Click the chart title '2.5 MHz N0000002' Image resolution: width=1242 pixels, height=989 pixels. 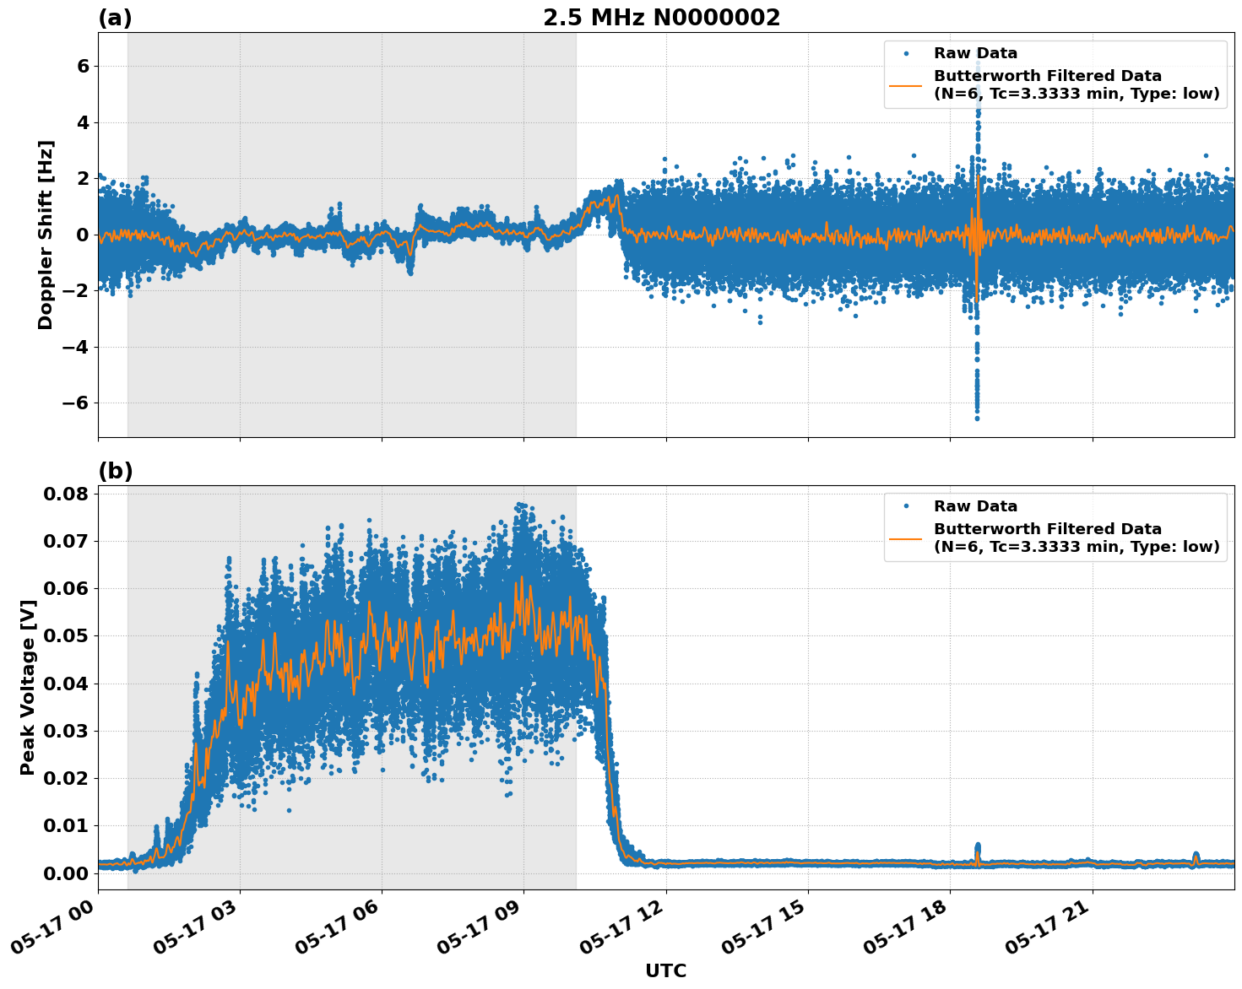tap(661, 18)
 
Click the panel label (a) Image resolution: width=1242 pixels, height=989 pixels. tap(115, 18)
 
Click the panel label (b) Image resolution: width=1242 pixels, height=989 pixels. tap(115, 471)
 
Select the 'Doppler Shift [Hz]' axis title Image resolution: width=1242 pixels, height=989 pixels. tap(46, 235)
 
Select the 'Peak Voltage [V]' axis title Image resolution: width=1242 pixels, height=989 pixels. tap(28, 687)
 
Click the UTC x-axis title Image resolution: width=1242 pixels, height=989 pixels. tap(665, 970)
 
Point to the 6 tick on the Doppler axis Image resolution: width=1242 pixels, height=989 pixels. tap(83, 66)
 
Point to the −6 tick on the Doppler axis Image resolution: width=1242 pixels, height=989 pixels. tap(76, 403)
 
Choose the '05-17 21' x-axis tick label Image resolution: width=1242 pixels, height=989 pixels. tap(1049, 928)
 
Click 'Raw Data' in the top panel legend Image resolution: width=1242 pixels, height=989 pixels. tap(975, 53)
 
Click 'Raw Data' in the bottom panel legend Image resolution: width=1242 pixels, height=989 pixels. tap(975, 506)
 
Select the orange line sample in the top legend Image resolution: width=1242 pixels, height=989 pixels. tap(905, 85)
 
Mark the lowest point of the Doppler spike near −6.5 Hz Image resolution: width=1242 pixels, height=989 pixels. tap(977, 418)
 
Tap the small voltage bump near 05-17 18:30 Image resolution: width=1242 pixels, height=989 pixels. tap(978, 846)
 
